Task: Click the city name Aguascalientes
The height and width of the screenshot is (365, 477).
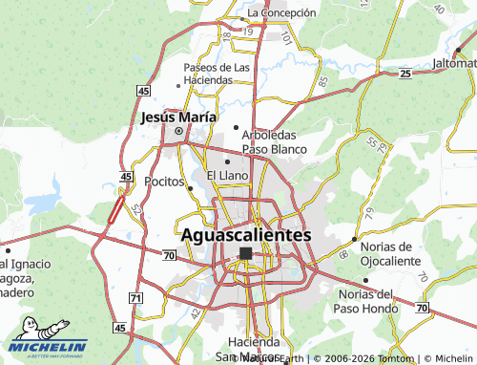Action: coord(246,234)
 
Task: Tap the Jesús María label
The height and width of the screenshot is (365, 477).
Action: coord(177,118)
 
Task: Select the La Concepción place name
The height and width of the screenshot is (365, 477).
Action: coord(280,12)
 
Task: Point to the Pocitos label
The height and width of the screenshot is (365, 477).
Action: coord(164,181)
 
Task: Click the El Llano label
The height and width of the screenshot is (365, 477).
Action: coord(227,176)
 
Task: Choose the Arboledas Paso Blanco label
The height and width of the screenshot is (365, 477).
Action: coord(274,142)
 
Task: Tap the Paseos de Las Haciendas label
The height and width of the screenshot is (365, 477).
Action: coord(218,74)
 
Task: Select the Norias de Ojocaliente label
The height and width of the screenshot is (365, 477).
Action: coord(391,253)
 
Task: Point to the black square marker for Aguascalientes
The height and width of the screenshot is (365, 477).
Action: coord(245,253)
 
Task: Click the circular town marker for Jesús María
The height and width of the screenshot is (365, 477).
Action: coord(178,132)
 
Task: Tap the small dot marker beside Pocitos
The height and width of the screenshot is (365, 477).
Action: coord(191,188)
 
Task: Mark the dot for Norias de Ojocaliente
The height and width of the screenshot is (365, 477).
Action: coord(355,239)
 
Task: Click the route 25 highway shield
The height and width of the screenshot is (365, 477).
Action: coord(405,74)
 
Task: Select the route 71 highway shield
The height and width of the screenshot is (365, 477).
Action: coord(135,299)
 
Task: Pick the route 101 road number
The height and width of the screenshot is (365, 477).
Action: coord(286,38)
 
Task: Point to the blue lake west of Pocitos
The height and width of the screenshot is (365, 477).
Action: coord(43,204)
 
